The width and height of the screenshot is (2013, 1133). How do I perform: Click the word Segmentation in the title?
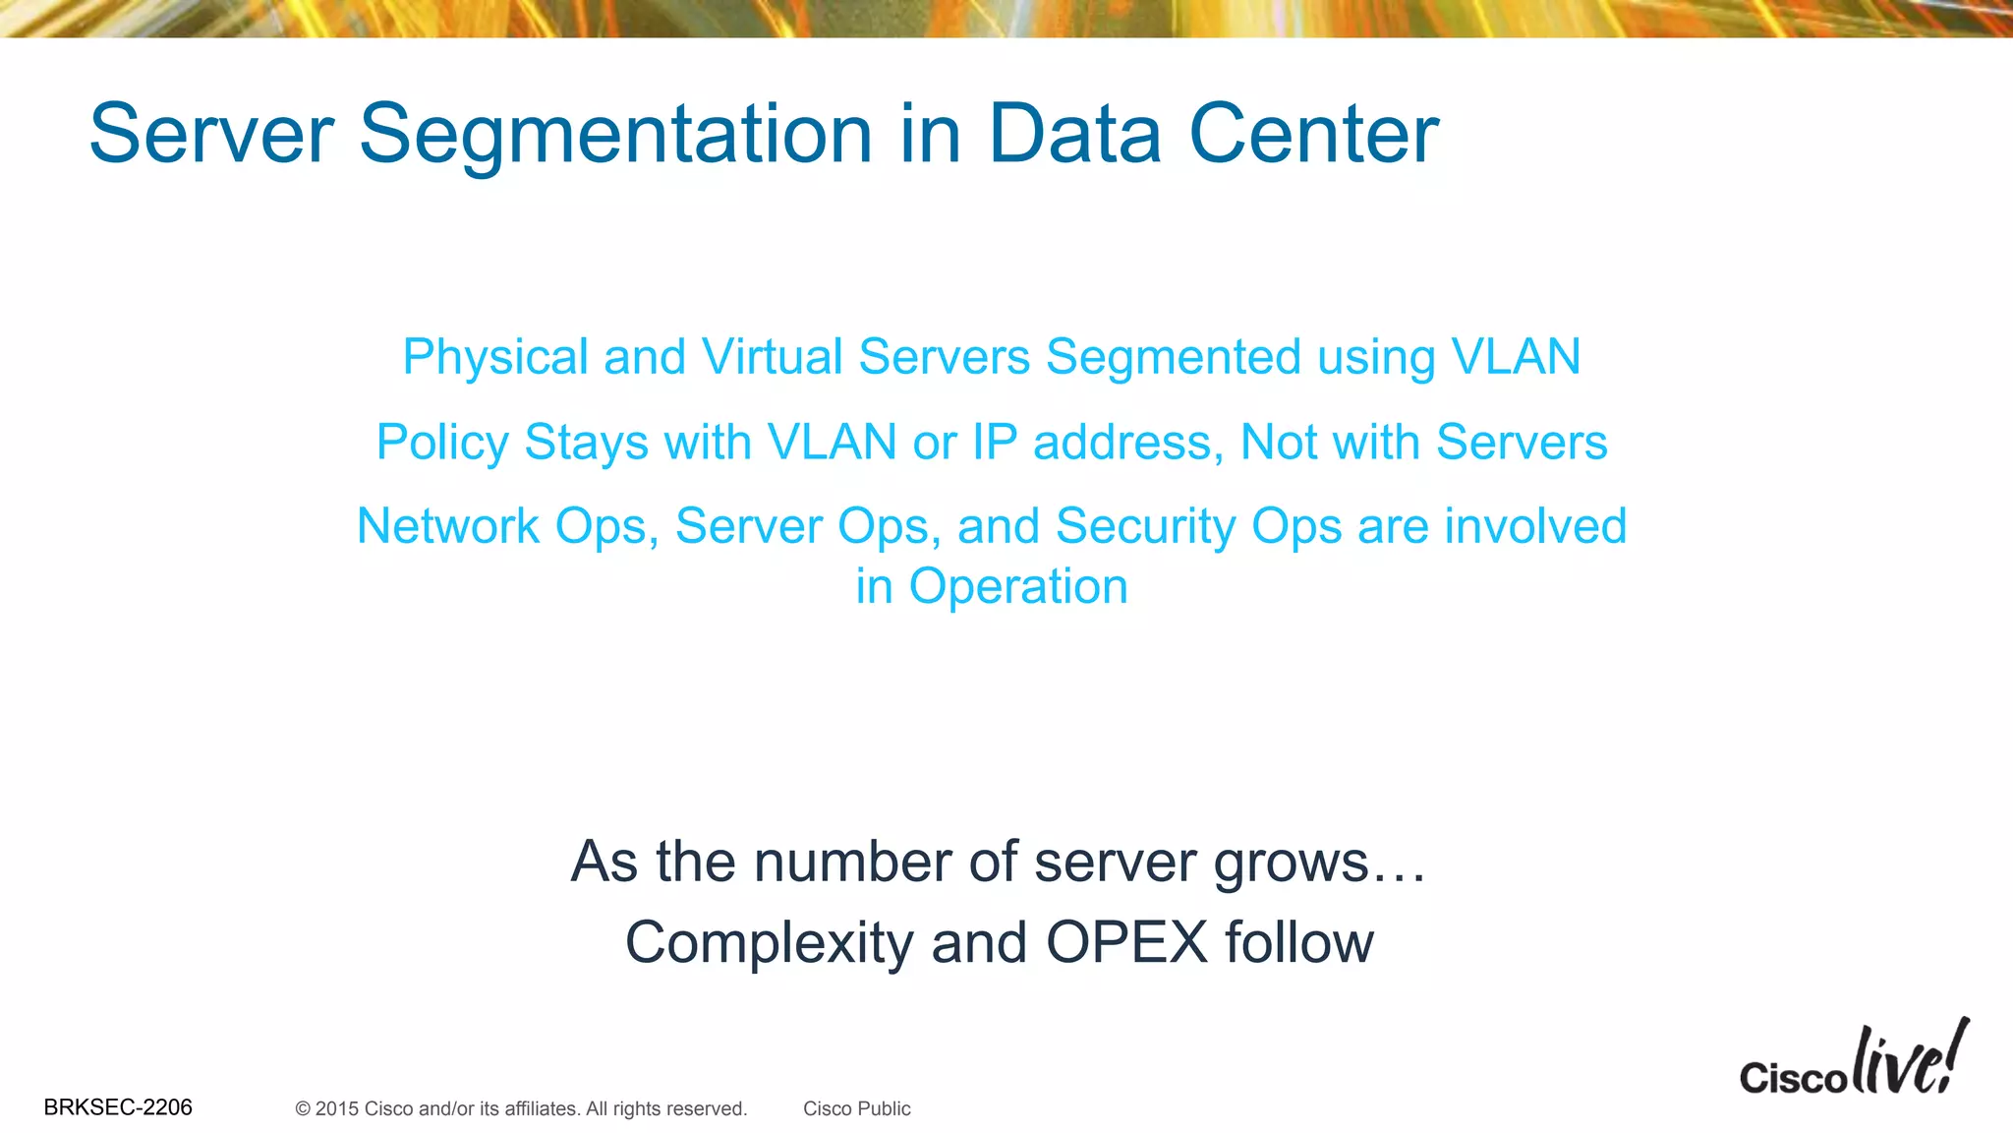tap(615, 135)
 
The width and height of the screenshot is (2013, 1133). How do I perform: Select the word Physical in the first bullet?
tap(495, 357)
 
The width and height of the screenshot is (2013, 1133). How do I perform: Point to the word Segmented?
tap(1173, 357)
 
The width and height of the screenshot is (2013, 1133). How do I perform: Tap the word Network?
tap(447, 526)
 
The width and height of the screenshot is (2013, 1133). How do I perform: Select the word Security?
tap(1145, 527)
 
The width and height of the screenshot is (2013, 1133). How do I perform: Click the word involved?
tap(1535, 526)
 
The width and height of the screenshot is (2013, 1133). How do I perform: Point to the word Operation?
tap(1018, 587)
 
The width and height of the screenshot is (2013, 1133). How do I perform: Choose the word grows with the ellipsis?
tap(1319, 864)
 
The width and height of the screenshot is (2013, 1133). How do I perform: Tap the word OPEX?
tap(1126, 942)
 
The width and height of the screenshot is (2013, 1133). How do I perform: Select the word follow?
tap(1299, 942)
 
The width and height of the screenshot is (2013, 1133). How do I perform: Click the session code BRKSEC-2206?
tap(118, 1107)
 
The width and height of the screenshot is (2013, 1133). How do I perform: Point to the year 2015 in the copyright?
tap(337, 1109)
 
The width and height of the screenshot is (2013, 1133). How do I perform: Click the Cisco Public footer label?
tap(857, 1109)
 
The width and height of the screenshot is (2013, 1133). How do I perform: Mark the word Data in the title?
tap(1075, 134)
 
